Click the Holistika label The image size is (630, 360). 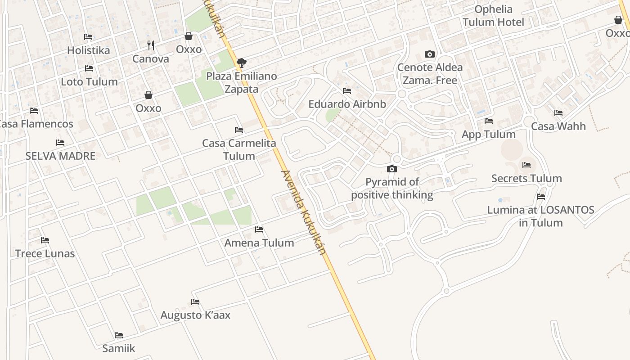[x=88, y=50]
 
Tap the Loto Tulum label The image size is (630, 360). [x=89, y=82]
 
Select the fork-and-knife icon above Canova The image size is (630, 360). [x=151, y=45]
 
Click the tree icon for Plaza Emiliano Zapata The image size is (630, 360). [x=242, y=63]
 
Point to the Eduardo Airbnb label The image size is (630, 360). [x=347, y=104]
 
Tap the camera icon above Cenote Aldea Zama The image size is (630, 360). [x=430, y=54]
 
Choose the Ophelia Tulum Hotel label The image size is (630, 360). [x=493, y=16]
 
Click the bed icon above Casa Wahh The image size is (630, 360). [x=558, y=113]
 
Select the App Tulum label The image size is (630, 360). [x=489, y=135]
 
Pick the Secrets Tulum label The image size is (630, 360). [x=526, y=179]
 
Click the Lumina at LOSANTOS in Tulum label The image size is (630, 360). [x=540, y=216]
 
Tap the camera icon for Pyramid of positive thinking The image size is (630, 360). [x=392, y=169]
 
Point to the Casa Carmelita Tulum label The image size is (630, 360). [x=239, y=150]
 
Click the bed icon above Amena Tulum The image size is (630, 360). [x=259, y=229]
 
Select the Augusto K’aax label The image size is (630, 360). [x=195, y=315]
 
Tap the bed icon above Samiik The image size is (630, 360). [x=119, y=335]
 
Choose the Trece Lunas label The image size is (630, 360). [x=45, y=254]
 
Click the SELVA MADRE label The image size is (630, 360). [x=60, y=156]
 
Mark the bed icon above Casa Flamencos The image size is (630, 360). [x=34, y=111]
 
